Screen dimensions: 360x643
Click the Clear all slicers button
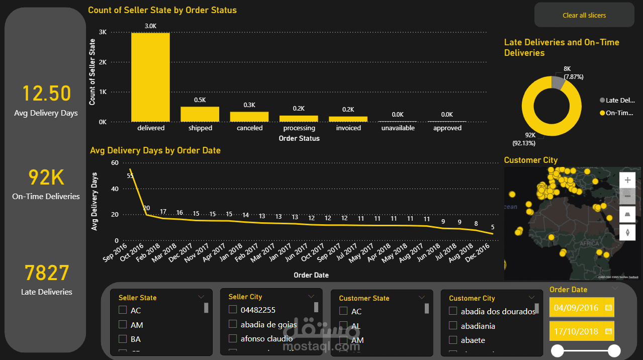click(584, 15)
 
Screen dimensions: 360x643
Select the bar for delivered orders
click(150, 77)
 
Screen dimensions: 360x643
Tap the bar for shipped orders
click(200, 114)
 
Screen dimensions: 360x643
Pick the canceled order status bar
click(249, 117)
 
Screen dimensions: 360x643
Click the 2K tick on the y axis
click(103, 62)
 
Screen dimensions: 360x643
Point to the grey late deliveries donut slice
click(558, 82)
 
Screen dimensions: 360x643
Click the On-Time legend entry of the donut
click(618, 113)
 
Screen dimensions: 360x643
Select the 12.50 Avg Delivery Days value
click(46, 94)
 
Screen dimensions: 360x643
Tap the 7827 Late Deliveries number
click(46, 274)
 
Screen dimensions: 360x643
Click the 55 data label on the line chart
click(130, 176)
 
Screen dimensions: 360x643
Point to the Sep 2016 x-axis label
click(116, 252)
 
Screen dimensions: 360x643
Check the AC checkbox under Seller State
click(122, 310)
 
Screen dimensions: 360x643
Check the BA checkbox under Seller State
click(122, 339)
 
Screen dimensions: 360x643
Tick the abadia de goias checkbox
click(232, 324)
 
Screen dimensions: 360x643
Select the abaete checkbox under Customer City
click(453, 340)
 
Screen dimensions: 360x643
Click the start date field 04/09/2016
click(576, 308)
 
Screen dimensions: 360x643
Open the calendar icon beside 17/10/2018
click(608, 331)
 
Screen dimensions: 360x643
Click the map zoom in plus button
click(627, 179)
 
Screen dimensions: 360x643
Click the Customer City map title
click(530, 160)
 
